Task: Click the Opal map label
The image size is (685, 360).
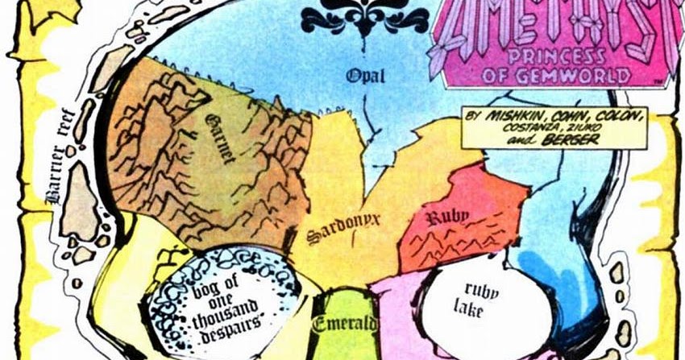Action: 366,76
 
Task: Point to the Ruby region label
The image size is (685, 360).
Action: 442,217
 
